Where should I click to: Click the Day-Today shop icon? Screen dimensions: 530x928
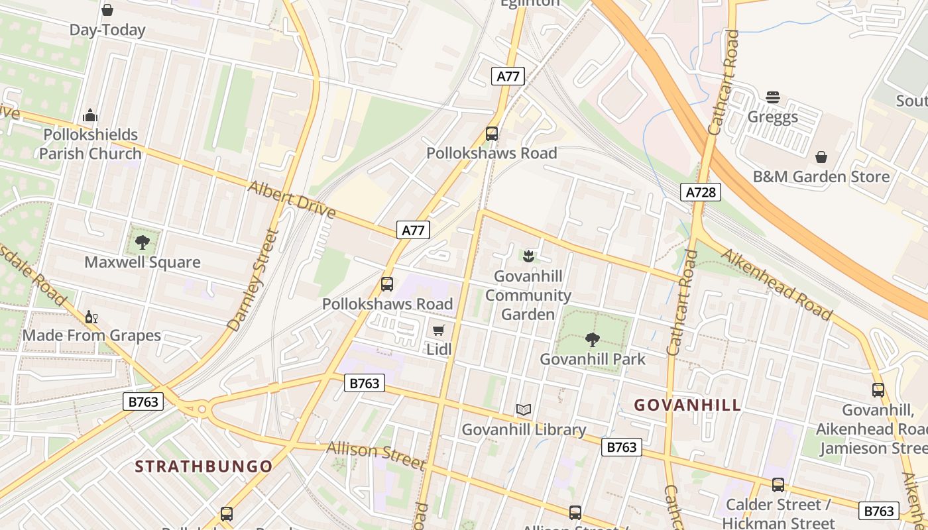107,10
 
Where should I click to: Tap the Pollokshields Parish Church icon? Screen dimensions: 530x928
90,115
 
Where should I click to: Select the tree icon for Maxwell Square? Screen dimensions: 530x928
143,242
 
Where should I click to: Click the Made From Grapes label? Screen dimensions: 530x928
91,335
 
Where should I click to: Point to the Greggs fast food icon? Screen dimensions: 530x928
772,97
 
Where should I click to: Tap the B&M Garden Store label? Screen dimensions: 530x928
821,176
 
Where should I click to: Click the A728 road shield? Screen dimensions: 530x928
701,192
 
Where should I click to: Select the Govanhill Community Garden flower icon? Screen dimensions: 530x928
528,255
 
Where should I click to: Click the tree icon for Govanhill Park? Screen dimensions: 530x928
593,340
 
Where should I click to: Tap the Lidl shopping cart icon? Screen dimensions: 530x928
438,329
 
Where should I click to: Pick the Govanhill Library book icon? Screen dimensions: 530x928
524,410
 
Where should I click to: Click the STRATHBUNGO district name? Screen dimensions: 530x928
204,466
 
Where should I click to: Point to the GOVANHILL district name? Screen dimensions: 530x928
687,405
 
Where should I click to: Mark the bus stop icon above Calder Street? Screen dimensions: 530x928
778,485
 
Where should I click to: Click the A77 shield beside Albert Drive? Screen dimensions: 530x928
414,230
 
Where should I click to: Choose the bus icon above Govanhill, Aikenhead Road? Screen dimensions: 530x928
878,390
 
